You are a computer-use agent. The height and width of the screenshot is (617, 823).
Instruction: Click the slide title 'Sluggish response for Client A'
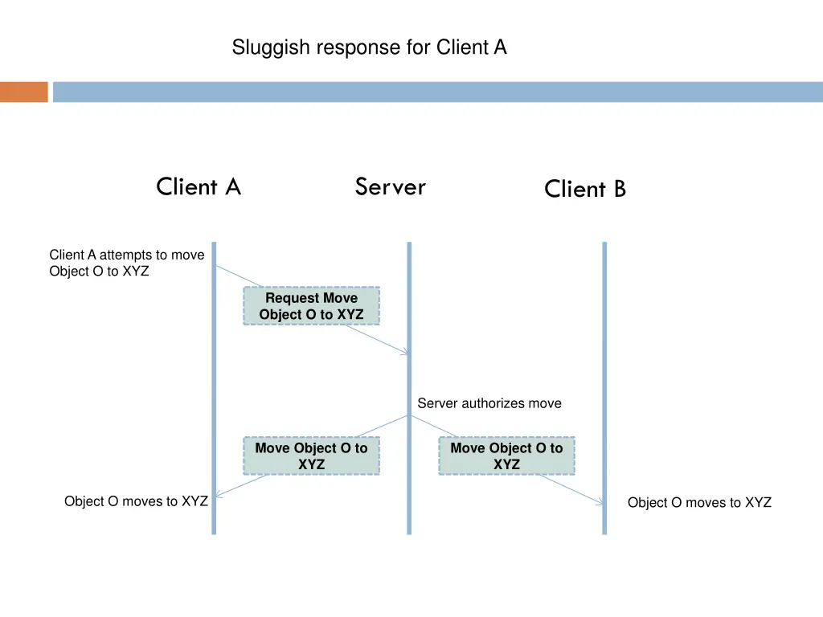pyautogui.click(x=369, y=48)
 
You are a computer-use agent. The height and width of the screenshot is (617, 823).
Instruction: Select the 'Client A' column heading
pyautogui.click(x=199, y=187)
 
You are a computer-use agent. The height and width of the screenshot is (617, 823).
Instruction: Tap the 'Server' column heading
pyautogui.click(x=391, y=187)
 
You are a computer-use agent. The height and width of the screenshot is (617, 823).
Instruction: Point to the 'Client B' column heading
pyautogui.click(x=584, y=190)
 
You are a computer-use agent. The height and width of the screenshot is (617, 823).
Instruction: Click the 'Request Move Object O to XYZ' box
pyautogui.click(x=311, y=306)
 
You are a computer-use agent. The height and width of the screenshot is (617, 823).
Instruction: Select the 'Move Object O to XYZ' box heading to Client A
pyautogui.click(x=311, y=456)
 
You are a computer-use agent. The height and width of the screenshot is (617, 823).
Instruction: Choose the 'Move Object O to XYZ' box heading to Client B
pyautogui.click(x=506, y=456)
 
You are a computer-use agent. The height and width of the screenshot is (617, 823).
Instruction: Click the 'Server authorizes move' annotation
pyautogui.click(x=489, y=403)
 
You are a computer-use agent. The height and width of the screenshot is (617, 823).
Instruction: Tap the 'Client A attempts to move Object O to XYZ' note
pyautogui.click(x=126, y=263)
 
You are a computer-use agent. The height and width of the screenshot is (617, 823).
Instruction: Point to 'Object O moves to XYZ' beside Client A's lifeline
pyautogui.click(x=136, y=501)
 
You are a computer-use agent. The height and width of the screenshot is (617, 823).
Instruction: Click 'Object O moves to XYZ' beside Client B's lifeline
pyautogui.click(x=699, y=503)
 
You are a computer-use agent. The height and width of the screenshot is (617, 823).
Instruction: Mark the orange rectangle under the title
pyautogui.click(x=24, y=92)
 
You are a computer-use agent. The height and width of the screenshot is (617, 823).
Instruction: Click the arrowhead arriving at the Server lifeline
pyautogui.click(x=405, y=352)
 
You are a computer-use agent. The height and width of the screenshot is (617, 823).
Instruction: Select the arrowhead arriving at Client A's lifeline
pyautogui.click(x=219, y=495)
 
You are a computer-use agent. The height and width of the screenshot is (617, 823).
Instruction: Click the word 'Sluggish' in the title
pyautogui.click(x=272, y=48)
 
